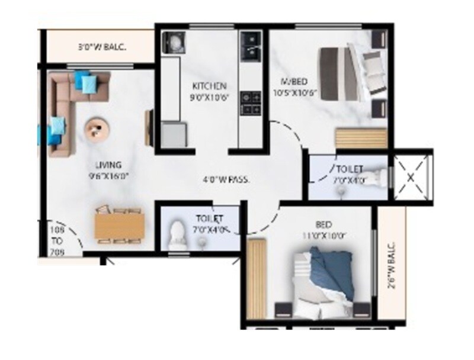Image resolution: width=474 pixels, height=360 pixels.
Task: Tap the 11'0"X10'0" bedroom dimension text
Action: click(x=323, y=235)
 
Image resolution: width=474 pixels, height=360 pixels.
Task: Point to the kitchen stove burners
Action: click(x=251, y=103)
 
